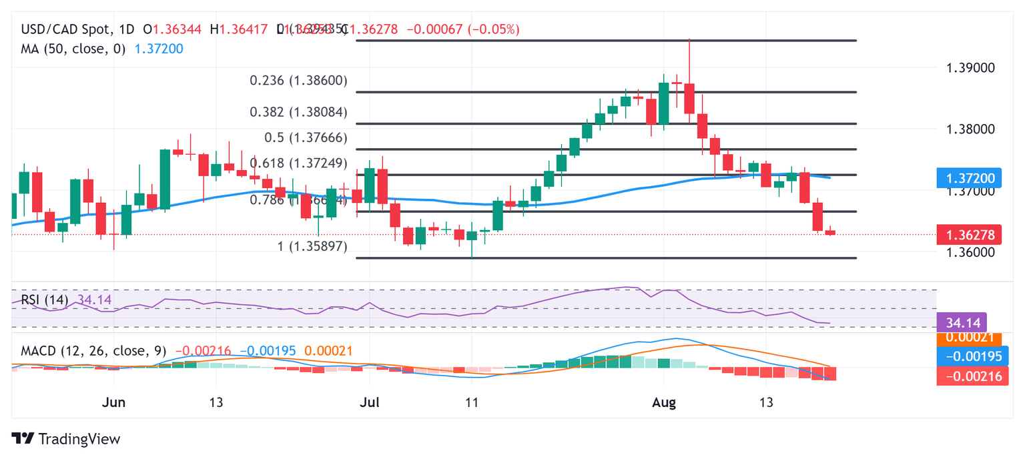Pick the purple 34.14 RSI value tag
coord(967,324)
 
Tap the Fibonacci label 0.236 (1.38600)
coord(298,81)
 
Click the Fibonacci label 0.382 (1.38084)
coord(298,112)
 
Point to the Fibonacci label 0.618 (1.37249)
coord(298,163)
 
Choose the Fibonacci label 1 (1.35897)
coord(312,247)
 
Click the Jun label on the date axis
coord(115,403)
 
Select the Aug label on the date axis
coord(664,403)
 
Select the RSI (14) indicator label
coord(45,300)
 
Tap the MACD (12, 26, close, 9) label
coord(93,350)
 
